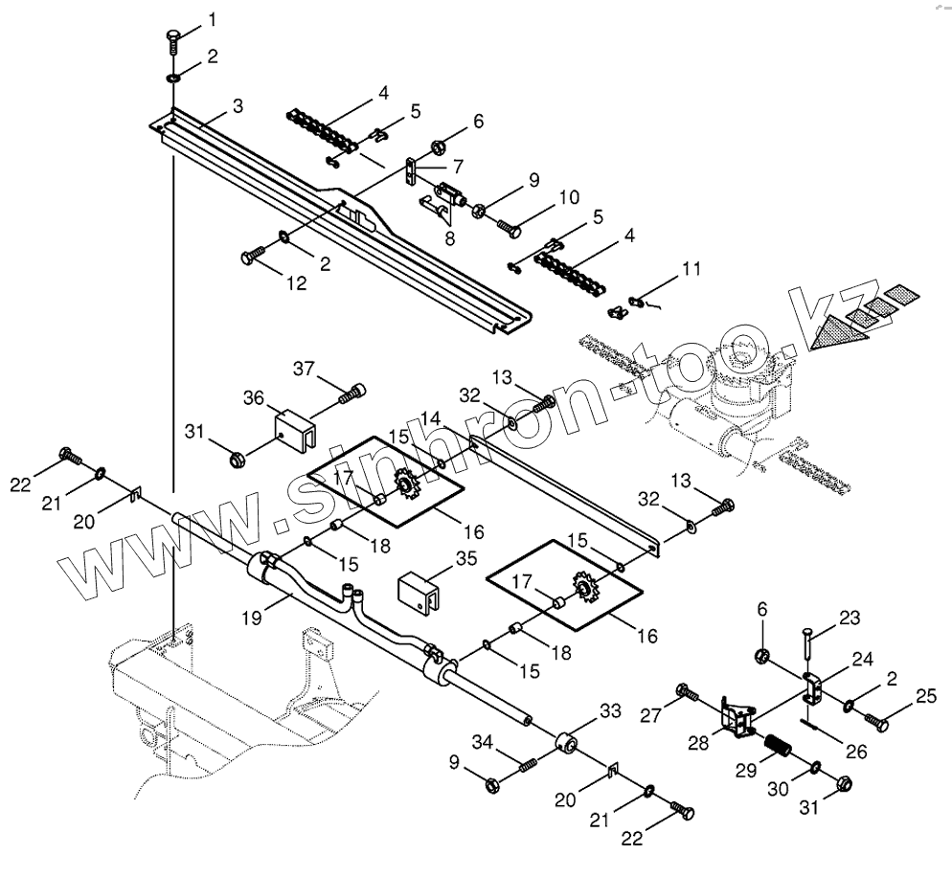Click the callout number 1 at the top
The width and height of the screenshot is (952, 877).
(x=212, y=19)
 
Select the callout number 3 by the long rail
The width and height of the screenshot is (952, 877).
(x=237, y=104)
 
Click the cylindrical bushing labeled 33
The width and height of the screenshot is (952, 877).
(x=567, y=742)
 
